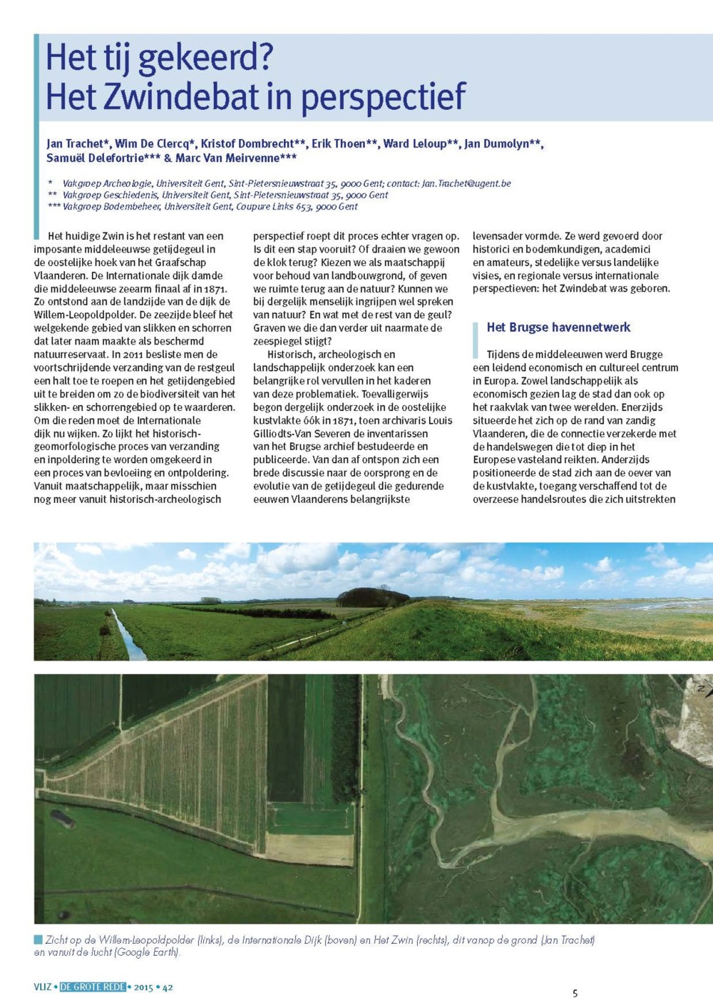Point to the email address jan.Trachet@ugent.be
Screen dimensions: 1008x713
466,183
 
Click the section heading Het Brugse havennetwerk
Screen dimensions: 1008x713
558,327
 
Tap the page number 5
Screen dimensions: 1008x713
575,993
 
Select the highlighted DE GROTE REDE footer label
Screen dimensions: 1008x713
93,987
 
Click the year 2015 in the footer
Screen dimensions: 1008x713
143,987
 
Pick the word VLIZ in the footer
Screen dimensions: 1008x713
42,987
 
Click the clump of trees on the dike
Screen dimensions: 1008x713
372,597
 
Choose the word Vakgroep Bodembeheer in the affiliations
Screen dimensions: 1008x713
112,207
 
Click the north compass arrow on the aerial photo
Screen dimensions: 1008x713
702,688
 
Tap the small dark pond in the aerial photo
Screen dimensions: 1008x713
63,819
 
